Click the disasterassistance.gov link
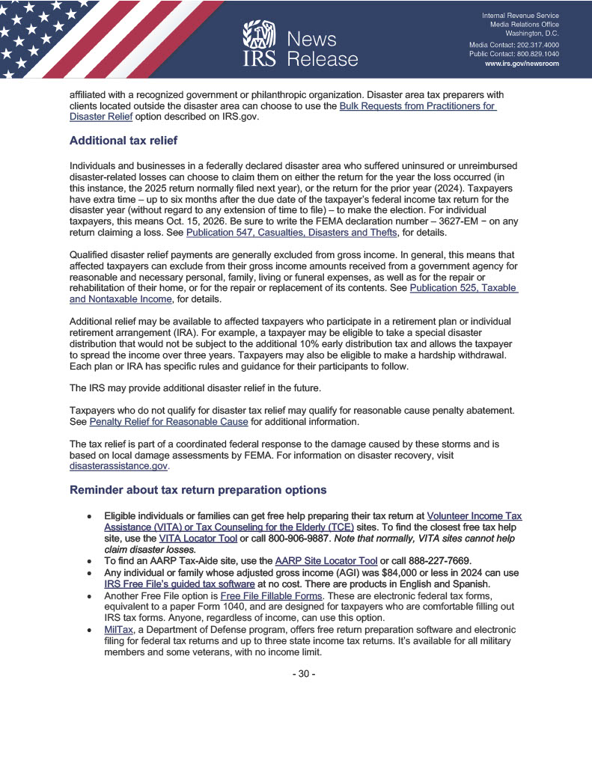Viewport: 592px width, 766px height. [x=118, y=466]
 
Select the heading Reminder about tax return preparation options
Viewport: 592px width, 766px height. [x=198, y=490]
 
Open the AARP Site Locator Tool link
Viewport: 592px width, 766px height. [x=326, y=562]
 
